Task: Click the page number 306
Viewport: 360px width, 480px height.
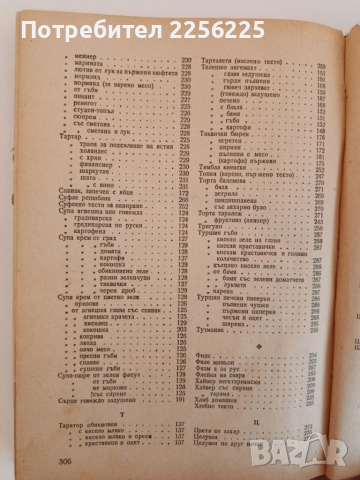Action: [34, 460]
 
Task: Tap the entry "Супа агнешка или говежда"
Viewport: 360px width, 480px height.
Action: [72, 270]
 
